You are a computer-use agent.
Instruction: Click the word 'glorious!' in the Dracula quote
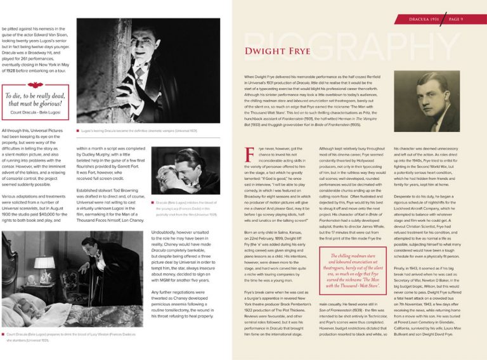50,103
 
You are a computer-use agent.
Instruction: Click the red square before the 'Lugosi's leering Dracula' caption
77,131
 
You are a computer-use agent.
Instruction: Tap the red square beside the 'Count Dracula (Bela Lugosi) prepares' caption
4,333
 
